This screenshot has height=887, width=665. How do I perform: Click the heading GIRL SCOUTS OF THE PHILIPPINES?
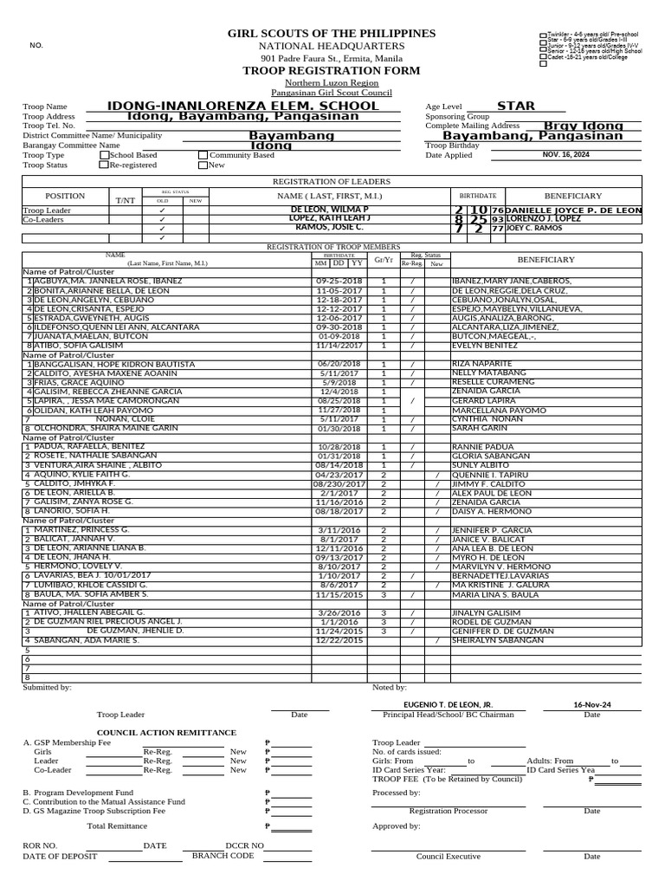tap(332, 33)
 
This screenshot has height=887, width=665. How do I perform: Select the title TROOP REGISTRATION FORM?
tap(332, 70)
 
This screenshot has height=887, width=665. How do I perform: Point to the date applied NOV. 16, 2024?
tap(565, 154)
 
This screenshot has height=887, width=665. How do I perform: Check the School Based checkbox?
tap(104, 155)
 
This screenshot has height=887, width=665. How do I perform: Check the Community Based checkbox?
tap(203, 155)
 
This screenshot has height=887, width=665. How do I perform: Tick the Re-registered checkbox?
tap(104, 165)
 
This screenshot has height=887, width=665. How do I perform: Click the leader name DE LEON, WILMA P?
tap(329, 210)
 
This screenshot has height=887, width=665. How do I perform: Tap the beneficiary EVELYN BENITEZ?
tap(484, 345)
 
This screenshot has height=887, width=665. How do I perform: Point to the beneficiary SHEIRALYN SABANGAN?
tap(498, 640)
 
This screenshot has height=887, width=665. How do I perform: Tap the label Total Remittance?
tap(117, 825)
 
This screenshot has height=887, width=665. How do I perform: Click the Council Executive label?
tap(448, 856)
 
